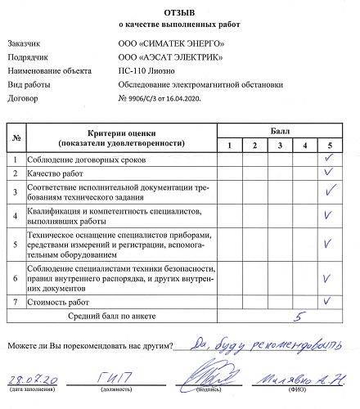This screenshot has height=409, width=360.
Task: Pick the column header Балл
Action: click(278, 131)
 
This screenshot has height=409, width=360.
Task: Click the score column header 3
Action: click(279, 145)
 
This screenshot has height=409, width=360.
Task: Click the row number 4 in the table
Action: click(16, 215)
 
